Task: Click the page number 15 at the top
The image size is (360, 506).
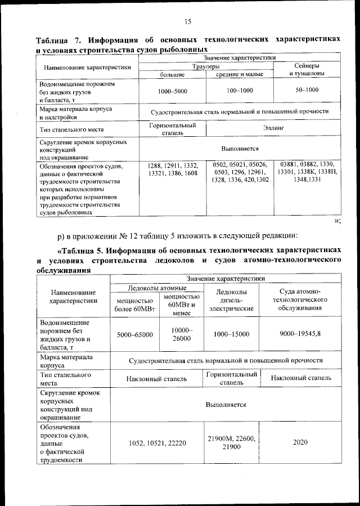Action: [x=188, y=22]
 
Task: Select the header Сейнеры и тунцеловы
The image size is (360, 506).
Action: [x=306, y=70]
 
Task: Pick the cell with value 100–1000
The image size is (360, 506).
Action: [x=240, y=90]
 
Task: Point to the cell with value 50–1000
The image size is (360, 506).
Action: [x=307, y=90]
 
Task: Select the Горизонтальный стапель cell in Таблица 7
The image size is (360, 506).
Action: [x=172, y=128]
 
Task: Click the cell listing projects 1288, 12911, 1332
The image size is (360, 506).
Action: [x=172, y=169]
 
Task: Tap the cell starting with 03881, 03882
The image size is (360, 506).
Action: [x=307, y=172]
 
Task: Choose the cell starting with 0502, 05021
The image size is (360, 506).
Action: [x=240, y=172]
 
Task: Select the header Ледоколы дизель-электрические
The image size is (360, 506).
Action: [x=231, y=300]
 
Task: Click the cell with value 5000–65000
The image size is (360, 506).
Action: [x=134, y=334]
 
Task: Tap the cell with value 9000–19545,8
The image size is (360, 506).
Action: [x=300, y=334]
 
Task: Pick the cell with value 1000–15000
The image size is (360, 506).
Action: [x=231, y=334]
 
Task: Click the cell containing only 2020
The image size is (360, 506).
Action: [x=300, y=442]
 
